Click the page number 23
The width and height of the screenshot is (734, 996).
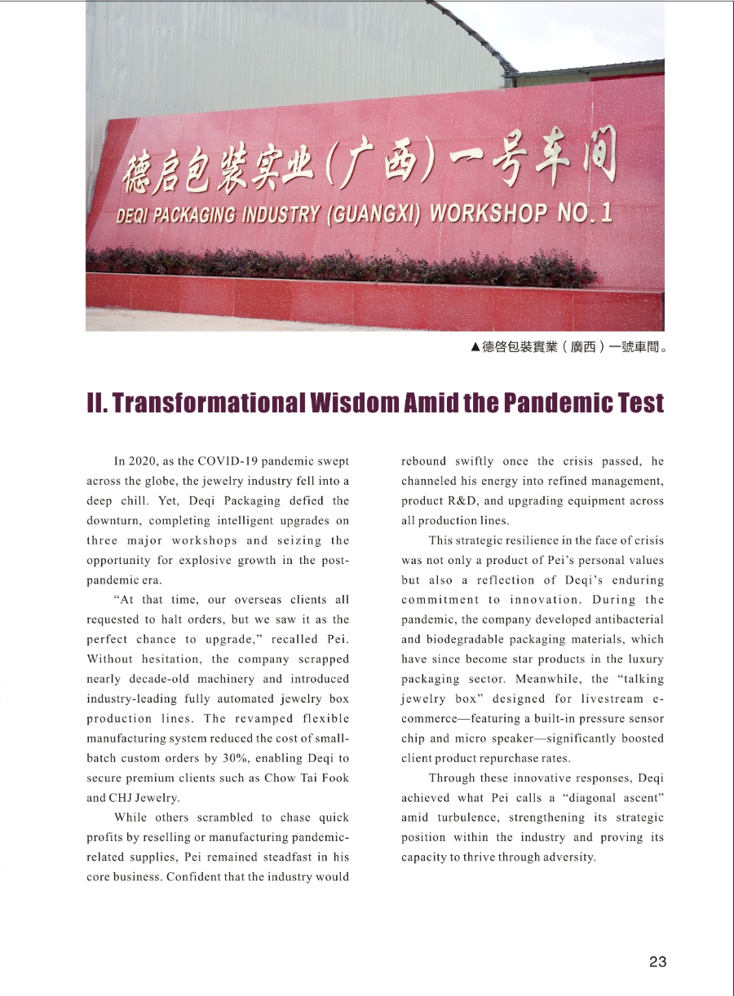coord(657,962)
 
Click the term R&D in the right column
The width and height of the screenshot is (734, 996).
coord(469,500)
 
